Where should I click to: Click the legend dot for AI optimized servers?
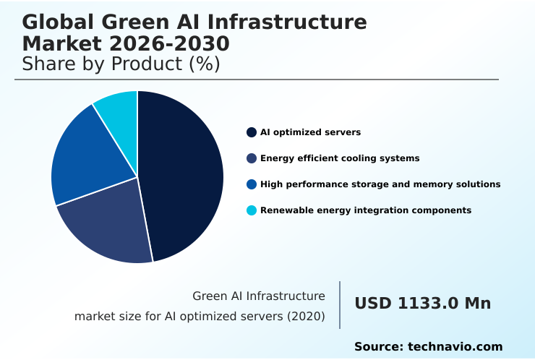(252, 132)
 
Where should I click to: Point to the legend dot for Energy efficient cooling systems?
(252, 158)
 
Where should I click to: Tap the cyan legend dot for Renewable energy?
(252, 210)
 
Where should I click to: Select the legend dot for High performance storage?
(252, 184)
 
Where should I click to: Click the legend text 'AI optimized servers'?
(310, 132)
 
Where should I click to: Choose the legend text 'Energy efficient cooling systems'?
(340, 158)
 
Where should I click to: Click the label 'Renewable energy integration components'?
(366, 210)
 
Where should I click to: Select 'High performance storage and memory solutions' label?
(380, 184)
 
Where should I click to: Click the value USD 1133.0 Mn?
(422, 304)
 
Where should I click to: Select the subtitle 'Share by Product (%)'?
(121, 64)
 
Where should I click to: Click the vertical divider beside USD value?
(340, 305)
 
